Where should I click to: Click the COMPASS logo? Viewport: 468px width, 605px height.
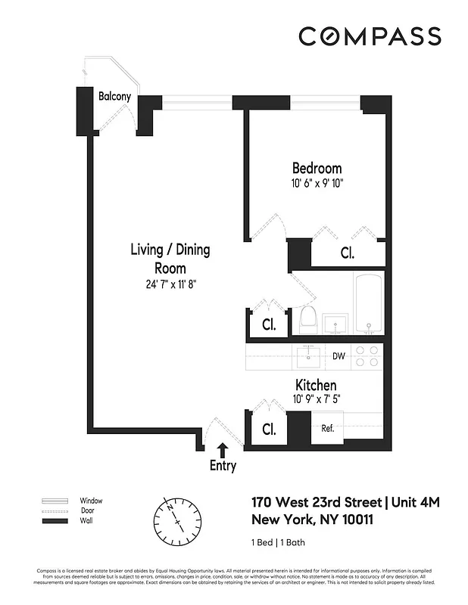click(369, 36)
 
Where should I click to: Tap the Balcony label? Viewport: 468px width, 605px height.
click(114, 96)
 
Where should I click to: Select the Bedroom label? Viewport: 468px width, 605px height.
click(317, 168)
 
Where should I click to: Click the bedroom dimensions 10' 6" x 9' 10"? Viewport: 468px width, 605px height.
click(317, 182)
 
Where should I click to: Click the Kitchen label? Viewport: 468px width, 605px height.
click(316, 386)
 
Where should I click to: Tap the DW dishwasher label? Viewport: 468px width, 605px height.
click(339, 356)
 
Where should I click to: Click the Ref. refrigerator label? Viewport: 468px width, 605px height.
click(327, 428)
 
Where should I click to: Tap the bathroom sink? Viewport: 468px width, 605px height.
click(335, 324)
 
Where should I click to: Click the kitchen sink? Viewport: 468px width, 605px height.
click(309, 355)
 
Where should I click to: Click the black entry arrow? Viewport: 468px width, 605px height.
click(222, 451)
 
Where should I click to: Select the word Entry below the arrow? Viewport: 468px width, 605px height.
click(223, 466)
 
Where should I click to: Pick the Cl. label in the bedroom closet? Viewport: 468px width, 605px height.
click(347, 253)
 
